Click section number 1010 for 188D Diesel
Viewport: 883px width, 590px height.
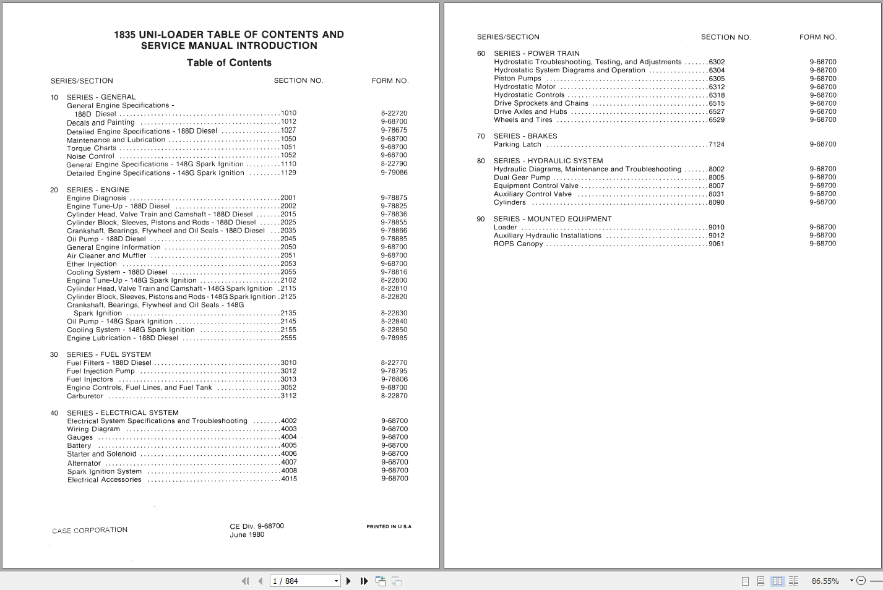(288, 113)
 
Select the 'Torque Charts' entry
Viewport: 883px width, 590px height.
(92, 148)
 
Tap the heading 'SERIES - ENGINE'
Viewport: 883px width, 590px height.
(98, 190)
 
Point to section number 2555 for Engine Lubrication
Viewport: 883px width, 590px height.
(288, 338)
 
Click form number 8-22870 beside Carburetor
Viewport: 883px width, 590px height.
(394, 396)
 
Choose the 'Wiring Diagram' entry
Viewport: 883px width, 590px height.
(93, 429)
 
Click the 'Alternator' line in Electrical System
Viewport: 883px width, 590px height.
(84, 463)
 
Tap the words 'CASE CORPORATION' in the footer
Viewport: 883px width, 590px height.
(90, 531)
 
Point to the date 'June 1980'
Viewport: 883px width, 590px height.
(247, 535)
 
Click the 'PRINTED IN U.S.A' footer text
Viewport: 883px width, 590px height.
(389, 527)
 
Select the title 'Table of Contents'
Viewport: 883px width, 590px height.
(229, 63)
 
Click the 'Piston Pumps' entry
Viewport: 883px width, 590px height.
(517, 79)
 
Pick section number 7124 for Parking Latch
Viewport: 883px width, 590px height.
(717, 145)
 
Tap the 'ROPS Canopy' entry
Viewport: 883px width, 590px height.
(518, 244)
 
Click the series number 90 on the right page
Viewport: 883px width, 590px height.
(481, 219)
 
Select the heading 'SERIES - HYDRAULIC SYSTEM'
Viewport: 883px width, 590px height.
(548, 161)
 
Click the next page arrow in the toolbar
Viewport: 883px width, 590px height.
(349, 581)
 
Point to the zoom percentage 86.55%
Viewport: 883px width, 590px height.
(825, 581)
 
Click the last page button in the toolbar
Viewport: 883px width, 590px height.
(364, 581)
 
